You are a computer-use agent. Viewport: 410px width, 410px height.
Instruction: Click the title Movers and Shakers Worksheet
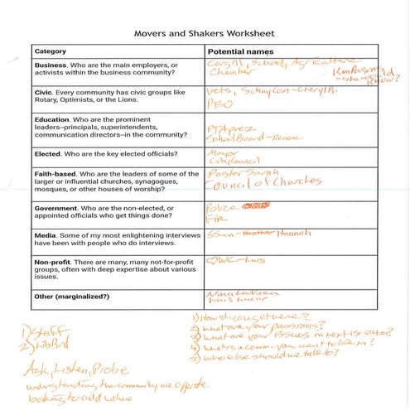click(x=205, y=35)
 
